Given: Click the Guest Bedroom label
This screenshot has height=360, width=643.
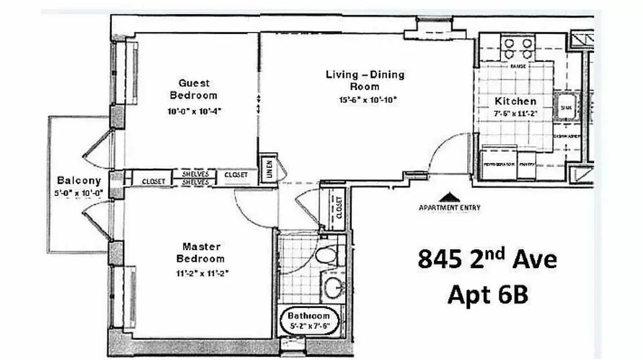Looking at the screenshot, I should (193, 89).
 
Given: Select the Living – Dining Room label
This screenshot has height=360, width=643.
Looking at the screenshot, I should (365, 80).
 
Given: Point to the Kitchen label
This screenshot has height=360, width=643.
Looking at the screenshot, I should (515, 101).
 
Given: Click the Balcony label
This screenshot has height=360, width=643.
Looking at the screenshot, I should (79, 180).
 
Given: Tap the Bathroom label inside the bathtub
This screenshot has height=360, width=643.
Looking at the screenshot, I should (308, 316).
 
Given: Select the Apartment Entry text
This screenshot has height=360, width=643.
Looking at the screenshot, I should (449, 208).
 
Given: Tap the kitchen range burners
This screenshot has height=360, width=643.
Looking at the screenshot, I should (518, 48).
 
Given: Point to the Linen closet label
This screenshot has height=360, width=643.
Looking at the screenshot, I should (270, 170).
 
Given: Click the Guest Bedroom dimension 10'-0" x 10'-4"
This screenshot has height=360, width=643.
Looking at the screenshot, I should (193, 111).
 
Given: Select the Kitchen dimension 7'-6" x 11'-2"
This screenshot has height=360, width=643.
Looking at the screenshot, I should (515, 114).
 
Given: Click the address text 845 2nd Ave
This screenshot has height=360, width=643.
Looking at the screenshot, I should (487, 260).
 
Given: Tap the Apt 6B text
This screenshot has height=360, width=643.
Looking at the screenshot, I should (487, 295).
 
